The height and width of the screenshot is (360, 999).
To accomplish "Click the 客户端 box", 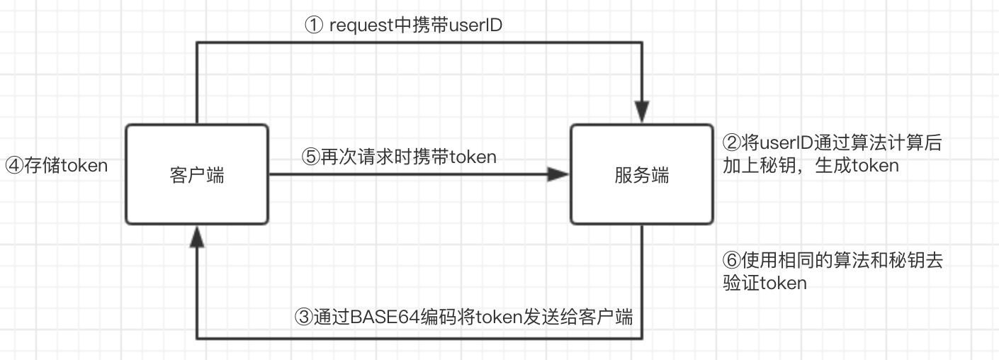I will [197, 174].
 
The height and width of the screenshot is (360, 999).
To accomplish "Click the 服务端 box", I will [642, 174].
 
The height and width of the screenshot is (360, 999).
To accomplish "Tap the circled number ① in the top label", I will [314, 26].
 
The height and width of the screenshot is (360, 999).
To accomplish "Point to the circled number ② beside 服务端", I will [729, 142].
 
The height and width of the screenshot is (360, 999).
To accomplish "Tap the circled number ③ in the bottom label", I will [303, 317].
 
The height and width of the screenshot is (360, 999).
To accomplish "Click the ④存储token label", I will [57, 166].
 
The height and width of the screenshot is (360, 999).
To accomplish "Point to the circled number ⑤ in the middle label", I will [310, 157].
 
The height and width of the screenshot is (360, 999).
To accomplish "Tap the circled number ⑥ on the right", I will [729, 260].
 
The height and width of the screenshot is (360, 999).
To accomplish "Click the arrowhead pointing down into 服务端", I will [642, 113].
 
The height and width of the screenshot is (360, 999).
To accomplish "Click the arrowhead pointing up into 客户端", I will [197, 237].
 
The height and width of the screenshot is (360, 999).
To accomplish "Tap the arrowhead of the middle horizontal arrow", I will [559, 175].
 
